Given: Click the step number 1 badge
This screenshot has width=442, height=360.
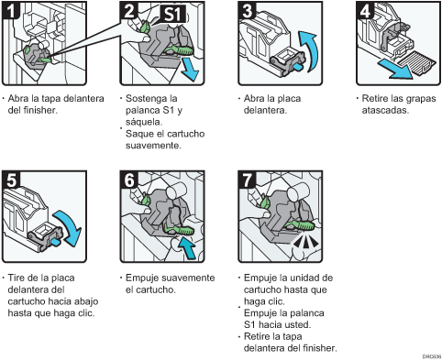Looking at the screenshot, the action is [x=10, y=10].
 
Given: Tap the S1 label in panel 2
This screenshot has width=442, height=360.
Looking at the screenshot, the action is [x=173, y=14].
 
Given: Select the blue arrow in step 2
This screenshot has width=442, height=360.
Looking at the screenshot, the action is [x=189, y=71].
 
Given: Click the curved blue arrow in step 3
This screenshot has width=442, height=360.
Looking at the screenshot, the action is [x=309, y=50].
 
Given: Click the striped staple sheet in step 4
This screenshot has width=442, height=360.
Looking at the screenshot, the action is [x=416, y=63].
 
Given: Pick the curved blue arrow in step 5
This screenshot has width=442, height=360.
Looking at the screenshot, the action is [x=69, y=227].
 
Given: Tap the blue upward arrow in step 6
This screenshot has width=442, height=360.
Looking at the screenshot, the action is [x=186, y=247].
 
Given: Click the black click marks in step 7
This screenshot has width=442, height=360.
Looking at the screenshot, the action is [x=304, y=242].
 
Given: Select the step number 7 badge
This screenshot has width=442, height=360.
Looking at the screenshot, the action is [x=247, y=180].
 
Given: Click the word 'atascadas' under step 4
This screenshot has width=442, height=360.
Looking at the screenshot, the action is [x=385, y=110].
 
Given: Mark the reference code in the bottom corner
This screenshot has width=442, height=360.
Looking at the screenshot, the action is [x=432, y=356].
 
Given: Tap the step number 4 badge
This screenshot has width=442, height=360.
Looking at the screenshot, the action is [x=365, y=10].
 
